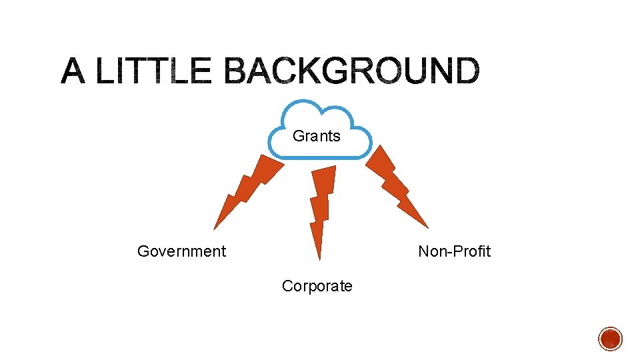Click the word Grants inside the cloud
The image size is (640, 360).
coord(317,136)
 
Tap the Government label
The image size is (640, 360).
coord(181,251)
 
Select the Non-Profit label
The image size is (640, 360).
coord(454,251)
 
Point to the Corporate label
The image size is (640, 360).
coord(317,286)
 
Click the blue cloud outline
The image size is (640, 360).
coord(319,106)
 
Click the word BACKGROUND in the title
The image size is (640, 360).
coord(351,71)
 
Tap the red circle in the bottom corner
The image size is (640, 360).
coord(610,339)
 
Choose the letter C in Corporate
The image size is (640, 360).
coord(287,286)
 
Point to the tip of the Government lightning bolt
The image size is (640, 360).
coord(214,229)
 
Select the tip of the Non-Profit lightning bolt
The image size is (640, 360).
coord(427,227)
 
